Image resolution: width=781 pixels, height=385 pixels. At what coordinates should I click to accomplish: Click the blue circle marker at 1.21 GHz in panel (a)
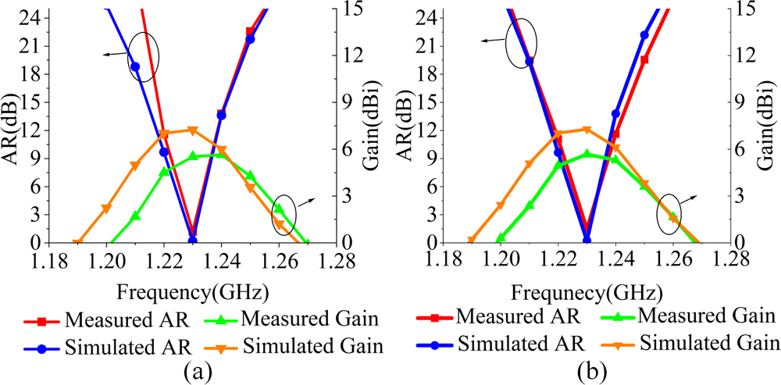[x=135, y=66]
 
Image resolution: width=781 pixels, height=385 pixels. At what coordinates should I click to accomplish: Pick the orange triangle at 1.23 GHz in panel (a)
[x=193, y=130]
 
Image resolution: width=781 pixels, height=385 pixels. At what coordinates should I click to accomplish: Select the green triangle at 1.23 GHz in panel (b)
[x=587, y=155]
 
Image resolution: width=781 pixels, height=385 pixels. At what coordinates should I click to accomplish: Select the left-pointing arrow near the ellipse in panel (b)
[x=492, y=41]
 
